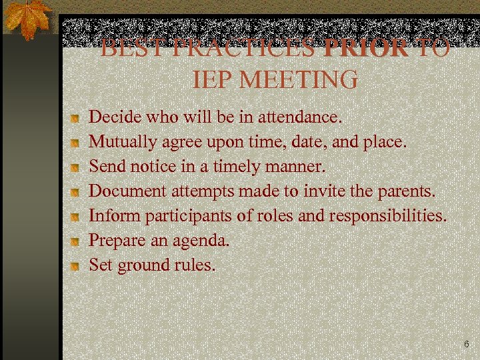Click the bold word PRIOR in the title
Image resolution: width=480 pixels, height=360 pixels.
tap(365, 48)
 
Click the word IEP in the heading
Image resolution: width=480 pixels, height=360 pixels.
tap(213, 80)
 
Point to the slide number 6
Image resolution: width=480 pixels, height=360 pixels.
tap(466, 345)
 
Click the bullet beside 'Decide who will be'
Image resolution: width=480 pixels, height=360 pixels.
tap(77, 118)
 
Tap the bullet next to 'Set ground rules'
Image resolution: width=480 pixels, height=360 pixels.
tap(77, 266)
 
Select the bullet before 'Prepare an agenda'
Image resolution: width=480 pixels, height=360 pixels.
tap(77, 241)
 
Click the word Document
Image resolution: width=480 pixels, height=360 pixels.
tap(127, 191)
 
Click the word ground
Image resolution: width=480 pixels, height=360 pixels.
tap(143, 265)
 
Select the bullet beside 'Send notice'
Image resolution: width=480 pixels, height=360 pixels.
tap(77, 167)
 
